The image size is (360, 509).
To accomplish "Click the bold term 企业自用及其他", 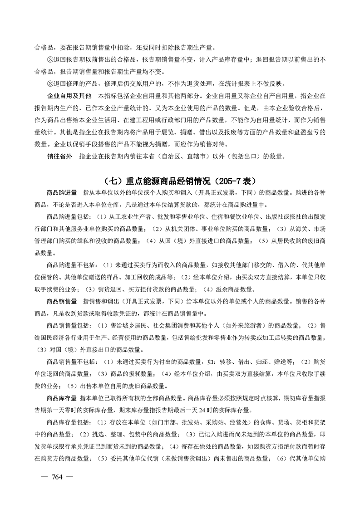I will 69,97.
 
